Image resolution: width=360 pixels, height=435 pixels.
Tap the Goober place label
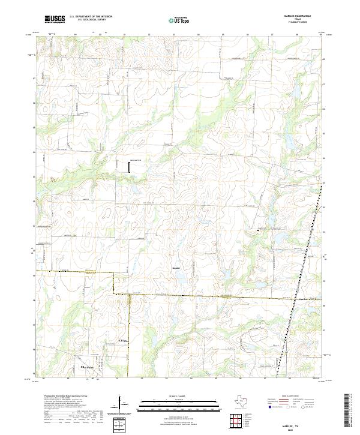pos(176,260)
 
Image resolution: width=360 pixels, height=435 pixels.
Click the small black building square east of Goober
pos(259,229)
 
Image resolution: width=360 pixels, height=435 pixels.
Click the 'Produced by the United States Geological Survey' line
pos(60,397)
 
